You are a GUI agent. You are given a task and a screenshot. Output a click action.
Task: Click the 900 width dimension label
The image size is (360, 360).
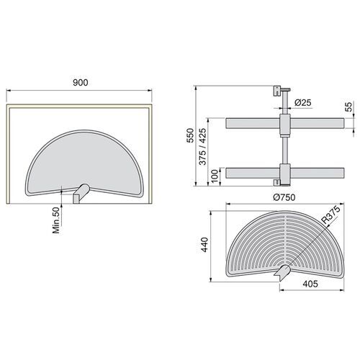click(81, 82)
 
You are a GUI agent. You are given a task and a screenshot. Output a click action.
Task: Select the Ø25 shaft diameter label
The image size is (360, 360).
click(303, 103)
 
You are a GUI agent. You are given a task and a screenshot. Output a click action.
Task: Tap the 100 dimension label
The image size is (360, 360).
click(214, 176)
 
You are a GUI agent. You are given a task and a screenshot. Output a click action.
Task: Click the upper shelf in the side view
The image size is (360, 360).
click(252, 124)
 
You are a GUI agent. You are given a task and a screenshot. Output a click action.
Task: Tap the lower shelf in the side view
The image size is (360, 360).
click(252, 174)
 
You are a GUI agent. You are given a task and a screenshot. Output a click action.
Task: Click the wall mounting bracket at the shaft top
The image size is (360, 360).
click(275, 91)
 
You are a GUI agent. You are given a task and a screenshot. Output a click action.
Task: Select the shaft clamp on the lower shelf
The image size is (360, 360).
click(285, 174)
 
